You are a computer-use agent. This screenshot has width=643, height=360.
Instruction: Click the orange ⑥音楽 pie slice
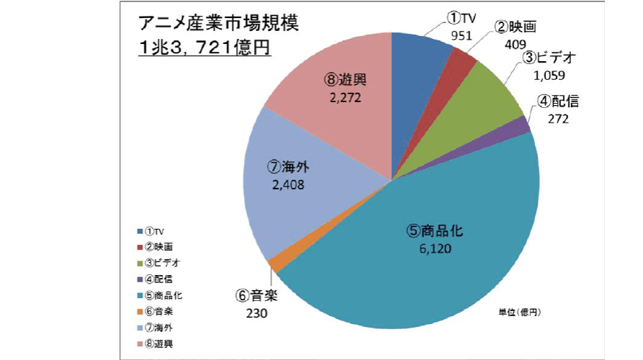274,264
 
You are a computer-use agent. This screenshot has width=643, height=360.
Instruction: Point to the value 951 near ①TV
462,35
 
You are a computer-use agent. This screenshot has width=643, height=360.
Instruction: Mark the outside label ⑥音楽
256,296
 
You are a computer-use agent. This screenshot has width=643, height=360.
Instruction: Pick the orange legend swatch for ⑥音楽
139,311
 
